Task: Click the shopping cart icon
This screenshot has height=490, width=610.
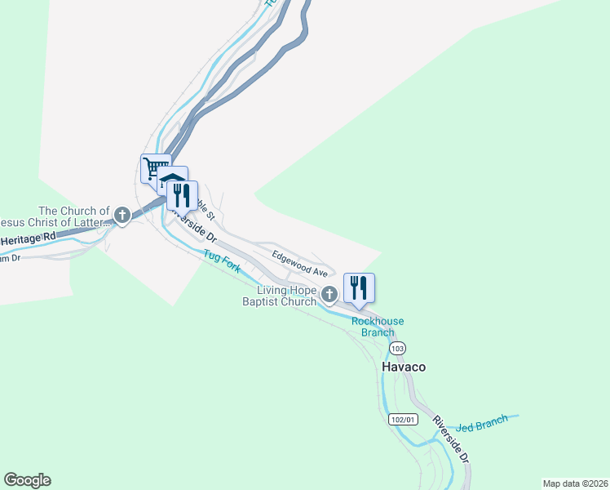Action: tap(154, 168)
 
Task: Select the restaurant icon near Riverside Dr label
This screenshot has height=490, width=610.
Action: tap(183, 195)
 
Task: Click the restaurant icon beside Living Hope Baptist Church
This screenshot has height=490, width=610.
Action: tap(359, 287)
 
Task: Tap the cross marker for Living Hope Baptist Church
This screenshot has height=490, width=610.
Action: tap(329, 294)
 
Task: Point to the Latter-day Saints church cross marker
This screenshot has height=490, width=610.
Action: tap(122, 216)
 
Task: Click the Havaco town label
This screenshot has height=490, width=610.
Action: tap(404, 367)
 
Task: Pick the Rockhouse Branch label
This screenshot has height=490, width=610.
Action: tap(378, 327)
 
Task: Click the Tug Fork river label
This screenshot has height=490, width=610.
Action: tap(222, 261)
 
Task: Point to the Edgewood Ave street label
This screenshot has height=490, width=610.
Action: tap(300, 262)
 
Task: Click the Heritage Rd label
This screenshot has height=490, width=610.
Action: tap(29, 239)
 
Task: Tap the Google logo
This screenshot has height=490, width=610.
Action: tap(27, 480)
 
